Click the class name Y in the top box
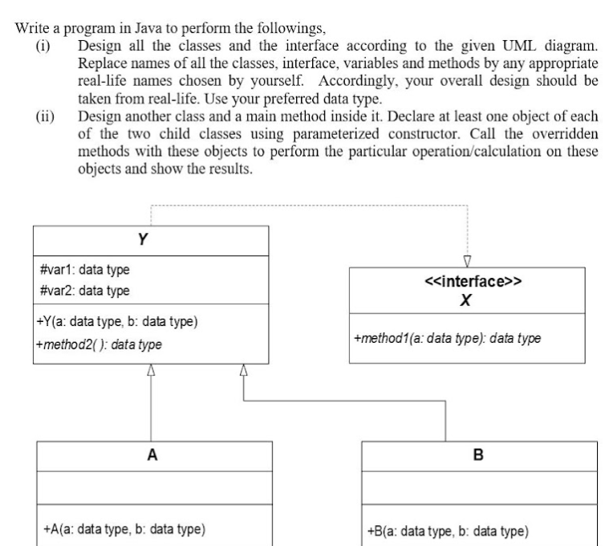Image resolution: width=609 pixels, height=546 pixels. point(143,239)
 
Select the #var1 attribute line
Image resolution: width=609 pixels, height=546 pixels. point(85,269)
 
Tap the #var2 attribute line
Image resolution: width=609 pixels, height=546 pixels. point(85,291)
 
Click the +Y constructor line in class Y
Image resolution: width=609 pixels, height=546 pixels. point(117,322)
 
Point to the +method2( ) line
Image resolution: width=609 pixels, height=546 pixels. point(99,344)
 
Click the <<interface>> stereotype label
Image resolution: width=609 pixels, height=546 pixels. point(473,281)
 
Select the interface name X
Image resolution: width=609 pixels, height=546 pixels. point(465,300)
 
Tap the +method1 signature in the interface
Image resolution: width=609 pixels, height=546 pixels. point(447,339)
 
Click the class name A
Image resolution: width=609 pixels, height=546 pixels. point(152,454)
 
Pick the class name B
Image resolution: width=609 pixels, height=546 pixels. point(478,454)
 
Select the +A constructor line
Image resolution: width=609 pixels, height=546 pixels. point(124,529)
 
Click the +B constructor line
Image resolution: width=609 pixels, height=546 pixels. point(448,532)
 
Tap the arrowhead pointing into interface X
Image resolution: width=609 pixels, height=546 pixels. point(467,261)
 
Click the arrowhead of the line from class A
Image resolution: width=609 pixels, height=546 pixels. point(151,370)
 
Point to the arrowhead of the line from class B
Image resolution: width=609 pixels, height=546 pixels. point(244,370)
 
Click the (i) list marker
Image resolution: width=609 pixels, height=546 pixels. point(43,47)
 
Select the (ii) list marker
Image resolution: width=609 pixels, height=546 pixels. point(45,116)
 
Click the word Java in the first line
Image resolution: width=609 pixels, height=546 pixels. point(148,28)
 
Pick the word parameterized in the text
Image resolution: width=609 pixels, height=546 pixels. point(336,134)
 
